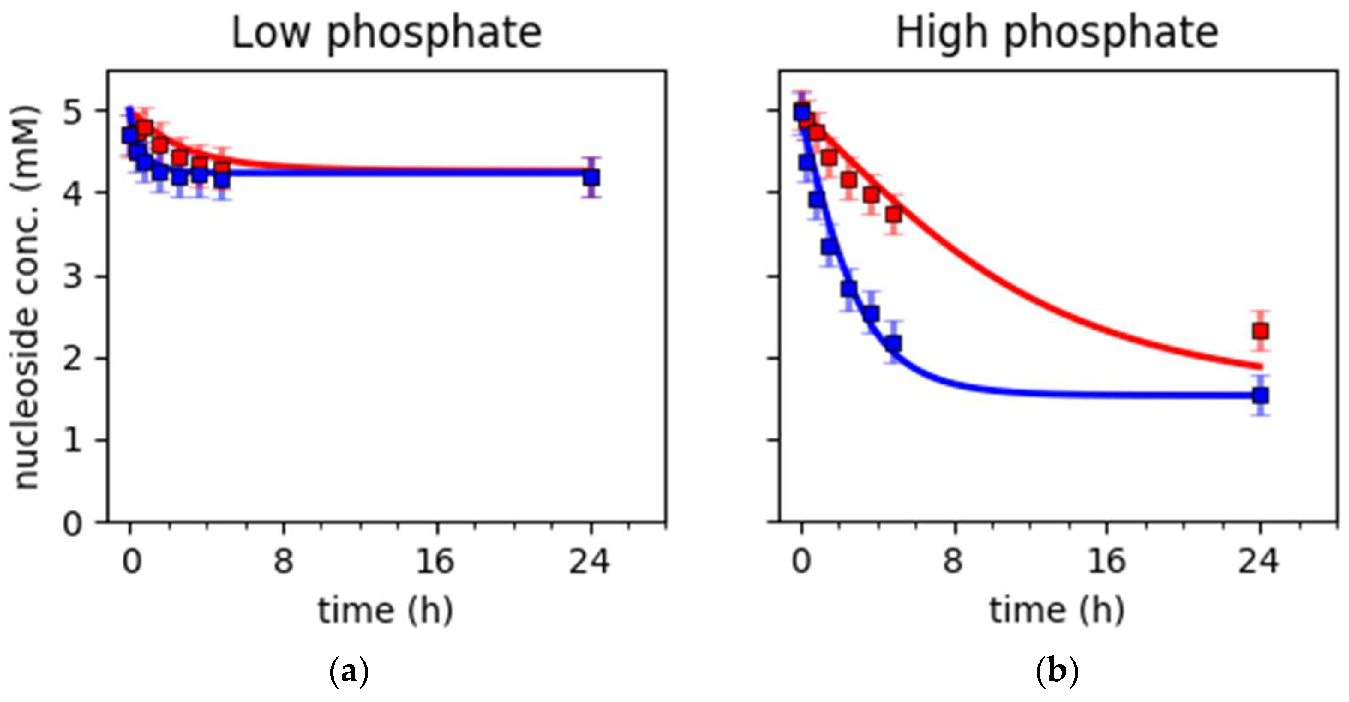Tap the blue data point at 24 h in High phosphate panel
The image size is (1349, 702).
[1260, 396]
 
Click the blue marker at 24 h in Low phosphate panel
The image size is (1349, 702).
[591, 177]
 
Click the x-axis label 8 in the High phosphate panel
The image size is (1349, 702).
[953, 561]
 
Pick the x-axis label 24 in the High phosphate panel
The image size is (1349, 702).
[1259, 561]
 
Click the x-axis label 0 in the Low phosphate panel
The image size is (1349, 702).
[132, 561]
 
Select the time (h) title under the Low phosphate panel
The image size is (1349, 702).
[385, 611]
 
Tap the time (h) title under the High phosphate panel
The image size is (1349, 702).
[1057, 611]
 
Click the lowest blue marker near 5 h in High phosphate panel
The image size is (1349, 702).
[894, 344]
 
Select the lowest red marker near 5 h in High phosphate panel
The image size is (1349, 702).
[894, 214]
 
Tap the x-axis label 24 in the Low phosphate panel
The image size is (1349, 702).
[590, 561]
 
